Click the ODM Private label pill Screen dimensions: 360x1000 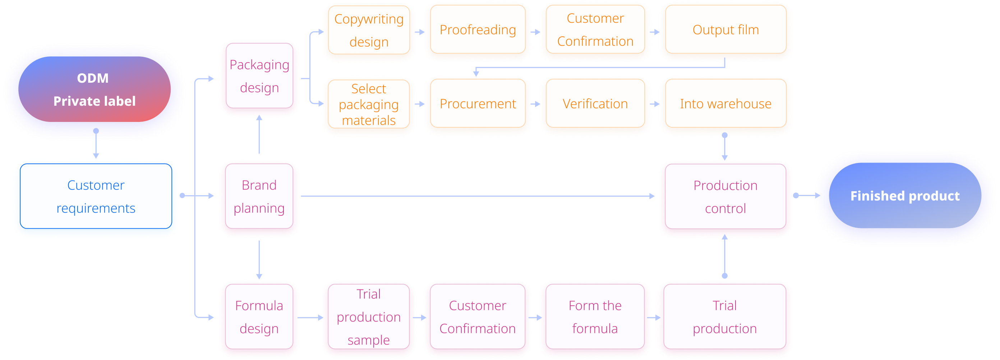click(x=95, y=90)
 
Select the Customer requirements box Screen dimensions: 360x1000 click(x=96, y=196)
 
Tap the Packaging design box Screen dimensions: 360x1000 click(x=259, y=76)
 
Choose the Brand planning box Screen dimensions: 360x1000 click(x=259, y=196)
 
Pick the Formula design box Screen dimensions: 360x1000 click(x=259, y=317)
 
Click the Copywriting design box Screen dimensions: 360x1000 click(x=369, y=30)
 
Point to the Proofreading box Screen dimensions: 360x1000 click(x=478, y=30)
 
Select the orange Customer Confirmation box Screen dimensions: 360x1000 click(x=595, y=30)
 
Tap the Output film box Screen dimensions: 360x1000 click(x=725, y=30)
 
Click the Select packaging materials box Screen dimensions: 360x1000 click(x=369, y=104)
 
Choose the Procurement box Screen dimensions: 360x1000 click(x=478, y=104)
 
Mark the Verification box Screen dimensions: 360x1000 click(x=595, y=104)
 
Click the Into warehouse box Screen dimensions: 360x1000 click(x=725, y=104)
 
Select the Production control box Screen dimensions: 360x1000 click(x=725, y=197)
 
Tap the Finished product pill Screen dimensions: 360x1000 click(x=904, y=196)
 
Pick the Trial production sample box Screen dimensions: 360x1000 click(x=369, y=317)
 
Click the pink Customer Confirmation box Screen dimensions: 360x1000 click(x=478, y=317)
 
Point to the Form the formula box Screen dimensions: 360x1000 click(x=595, y=317)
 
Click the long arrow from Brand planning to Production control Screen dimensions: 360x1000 click(x=478, y=196)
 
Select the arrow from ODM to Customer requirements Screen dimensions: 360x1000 click(x=96, y=145)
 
